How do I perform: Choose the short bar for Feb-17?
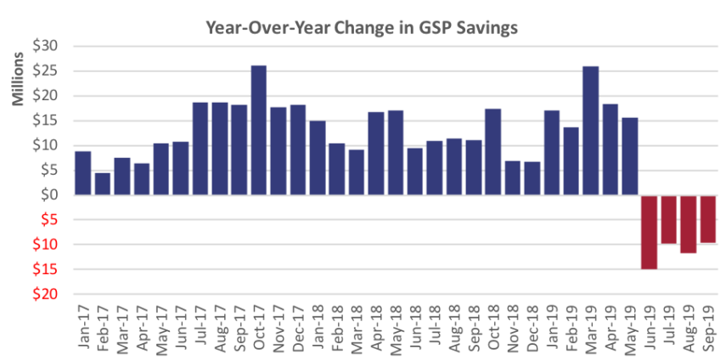point(103,184)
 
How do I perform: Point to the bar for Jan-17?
point(83,173)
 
